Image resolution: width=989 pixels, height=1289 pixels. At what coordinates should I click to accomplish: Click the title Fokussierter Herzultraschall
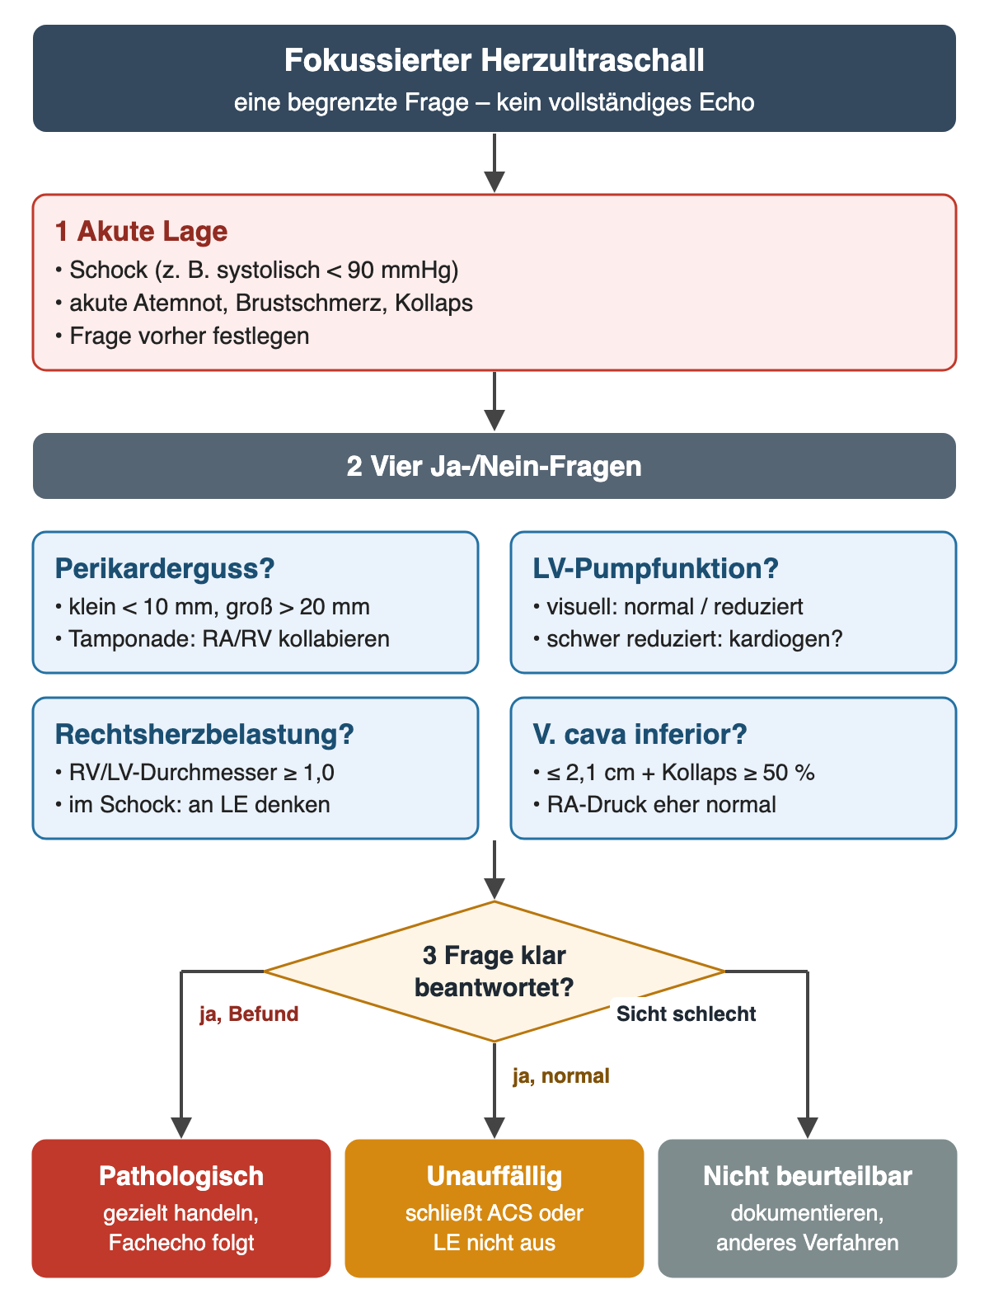coord(494,60)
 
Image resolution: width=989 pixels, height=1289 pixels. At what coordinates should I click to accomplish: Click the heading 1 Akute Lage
coord(141,231)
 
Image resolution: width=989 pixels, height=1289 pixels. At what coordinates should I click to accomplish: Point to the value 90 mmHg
coord(403,270)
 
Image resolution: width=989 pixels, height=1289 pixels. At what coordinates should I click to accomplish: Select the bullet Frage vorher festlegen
coord(182,336)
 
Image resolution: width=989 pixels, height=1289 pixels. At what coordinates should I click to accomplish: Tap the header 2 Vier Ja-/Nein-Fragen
coord(494,466)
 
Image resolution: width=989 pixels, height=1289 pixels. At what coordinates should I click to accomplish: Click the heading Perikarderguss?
coord(165,568)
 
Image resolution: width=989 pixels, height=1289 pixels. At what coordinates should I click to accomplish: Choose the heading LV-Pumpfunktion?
coord(655,568)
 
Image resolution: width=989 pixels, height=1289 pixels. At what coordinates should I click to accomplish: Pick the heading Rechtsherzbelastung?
coord(204,734)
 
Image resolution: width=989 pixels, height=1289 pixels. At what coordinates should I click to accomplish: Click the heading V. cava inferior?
coord(640,734)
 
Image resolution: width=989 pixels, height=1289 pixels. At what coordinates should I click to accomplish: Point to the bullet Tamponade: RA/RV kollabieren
coord(223,639)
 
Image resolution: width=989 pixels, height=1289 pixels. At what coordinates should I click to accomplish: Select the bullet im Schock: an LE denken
coord(193,804)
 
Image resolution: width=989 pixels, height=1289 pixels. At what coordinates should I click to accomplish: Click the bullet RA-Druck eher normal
coord(654,804)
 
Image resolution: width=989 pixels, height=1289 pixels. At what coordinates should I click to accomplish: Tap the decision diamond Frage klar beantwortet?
coord(494,971)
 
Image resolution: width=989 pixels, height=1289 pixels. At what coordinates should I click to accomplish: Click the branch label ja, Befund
coord(249,1014)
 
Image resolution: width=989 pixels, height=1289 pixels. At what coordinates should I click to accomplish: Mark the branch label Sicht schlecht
coord(687,1014)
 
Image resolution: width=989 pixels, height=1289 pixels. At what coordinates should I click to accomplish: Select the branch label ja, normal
coord(561,1076)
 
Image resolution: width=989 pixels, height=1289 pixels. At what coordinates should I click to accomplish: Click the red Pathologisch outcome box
coord(181,1207)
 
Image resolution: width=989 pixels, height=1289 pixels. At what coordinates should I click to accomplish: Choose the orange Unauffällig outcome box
coord(494,1207)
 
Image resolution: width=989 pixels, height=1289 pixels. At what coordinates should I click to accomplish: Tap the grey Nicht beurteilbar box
coord(808,1207)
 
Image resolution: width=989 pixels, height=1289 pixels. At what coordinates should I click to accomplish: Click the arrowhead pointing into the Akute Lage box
coord(494,182)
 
